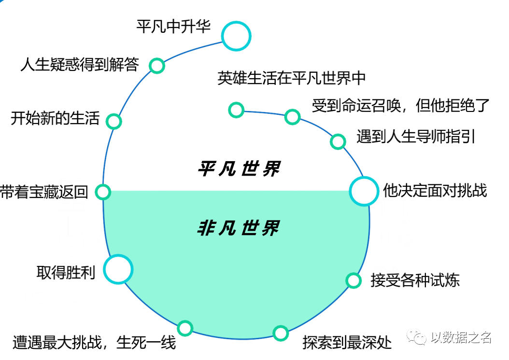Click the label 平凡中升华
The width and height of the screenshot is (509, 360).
[173, 27]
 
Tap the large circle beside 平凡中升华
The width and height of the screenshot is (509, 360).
[236, 37]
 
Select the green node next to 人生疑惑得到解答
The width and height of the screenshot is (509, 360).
[156, 65]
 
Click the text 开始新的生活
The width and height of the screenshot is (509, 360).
[55, 118]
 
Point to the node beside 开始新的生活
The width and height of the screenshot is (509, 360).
[113, 121]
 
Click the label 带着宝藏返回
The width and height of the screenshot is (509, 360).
[44, 192]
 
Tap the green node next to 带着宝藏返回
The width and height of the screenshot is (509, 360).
[103, 192]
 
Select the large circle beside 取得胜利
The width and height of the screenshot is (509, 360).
[118, 269]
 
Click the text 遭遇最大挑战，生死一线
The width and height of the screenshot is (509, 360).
[94, 343]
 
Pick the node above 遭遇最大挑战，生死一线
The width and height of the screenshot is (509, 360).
[185, 328]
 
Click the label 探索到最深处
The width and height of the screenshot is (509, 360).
[347, 343]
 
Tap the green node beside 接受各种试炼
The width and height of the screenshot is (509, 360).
[353, 280]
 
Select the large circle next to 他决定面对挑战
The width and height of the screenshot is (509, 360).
[364, 191]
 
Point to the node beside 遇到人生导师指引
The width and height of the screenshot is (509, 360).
[338, 141]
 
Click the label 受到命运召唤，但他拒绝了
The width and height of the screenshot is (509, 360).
[401, 105]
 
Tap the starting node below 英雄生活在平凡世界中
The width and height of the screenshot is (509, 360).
[236, 110]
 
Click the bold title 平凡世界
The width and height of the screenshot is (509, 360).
[239, 169]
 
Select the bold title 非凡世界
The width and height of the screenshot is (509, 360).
[239, 227]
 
